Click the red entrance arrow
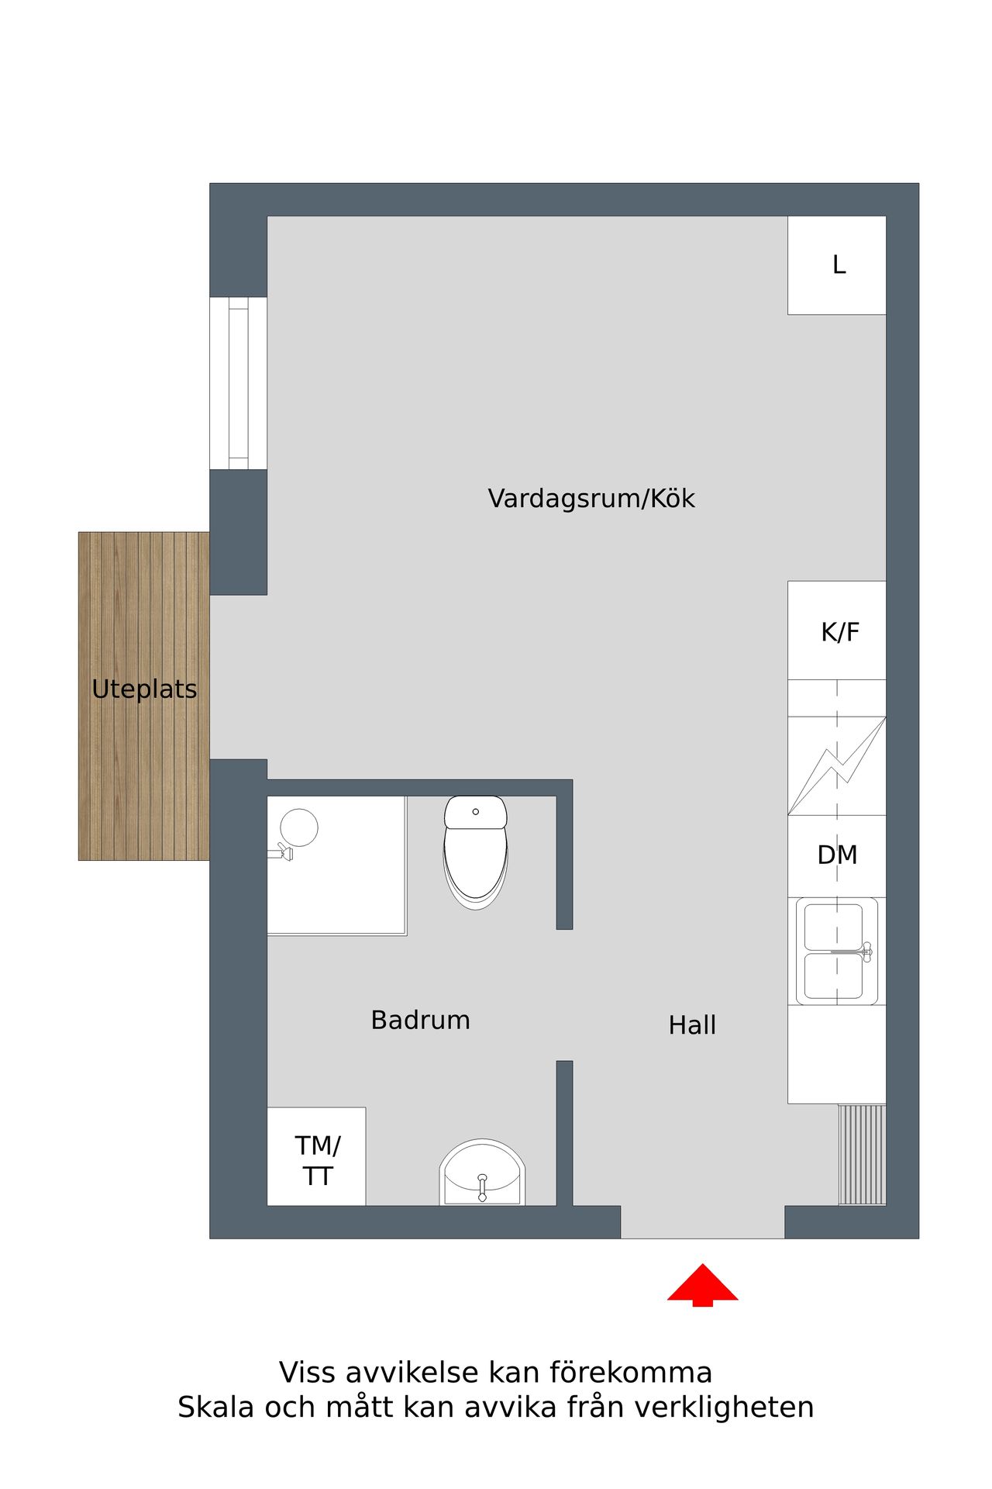tap(702, 1285)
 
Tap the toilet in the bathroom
tap(476, 852)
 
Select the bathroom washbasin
tap(482, 1173)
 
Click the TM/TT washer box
tap(316, 1156)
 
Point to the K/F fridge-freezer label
tap(840, 632)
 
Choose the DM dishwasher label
tap(837, 855)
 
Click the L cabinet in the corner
tap(837, 265)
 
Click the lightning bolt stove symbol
tap(837, 765)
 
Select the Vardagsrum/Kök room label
tap(591, 499)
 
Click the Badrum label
tap(420, 1020)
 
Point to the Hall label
tap(692, 1025)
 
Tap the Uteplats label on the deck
tap(144, 689)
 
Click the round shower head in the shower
tap(298, 827)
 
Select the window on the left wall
tap(239, 383)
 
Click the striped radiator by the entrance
tap(862, 1155)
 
